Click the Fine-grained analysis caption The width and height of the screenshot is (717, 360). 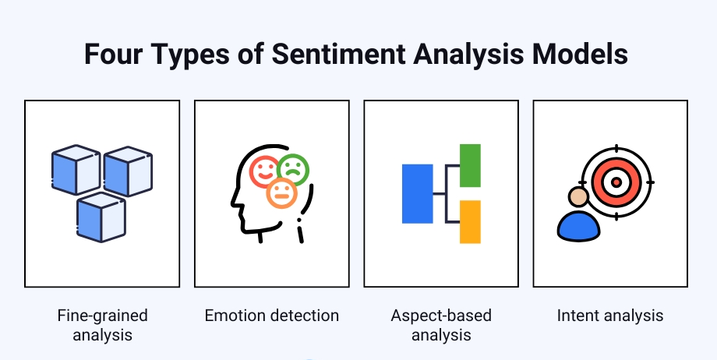[x=102, y=326]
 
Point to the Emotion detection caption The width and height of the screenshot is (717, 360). [x=272, y=316]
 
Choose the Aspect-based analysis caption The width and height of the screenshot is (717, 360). [x=441, y=326]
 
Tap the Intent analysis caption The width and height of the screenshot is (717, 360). [x=610, y=316]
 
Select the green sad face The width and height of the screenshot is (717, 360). [x=293, y=168]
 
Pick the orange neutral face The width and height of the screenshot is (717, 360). [x=281, y=193]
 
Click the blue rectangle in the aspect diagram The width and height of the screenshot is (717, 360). [x=417, y=193]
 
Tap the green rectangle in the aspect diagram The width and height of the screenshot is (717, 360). [x=470, y=165]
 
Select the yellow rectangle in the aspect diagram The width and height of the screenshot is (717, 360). [x=470, y=221]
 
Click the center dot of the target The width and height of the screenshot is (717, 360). [x=615, y=182]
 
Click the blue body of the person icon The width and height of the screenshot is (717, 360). [x=579, y=225]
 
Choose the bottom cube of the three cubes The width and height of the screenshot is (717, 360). [x=101, y=217]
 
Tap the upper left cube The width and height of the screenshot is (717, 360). [x=76, y=170]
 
